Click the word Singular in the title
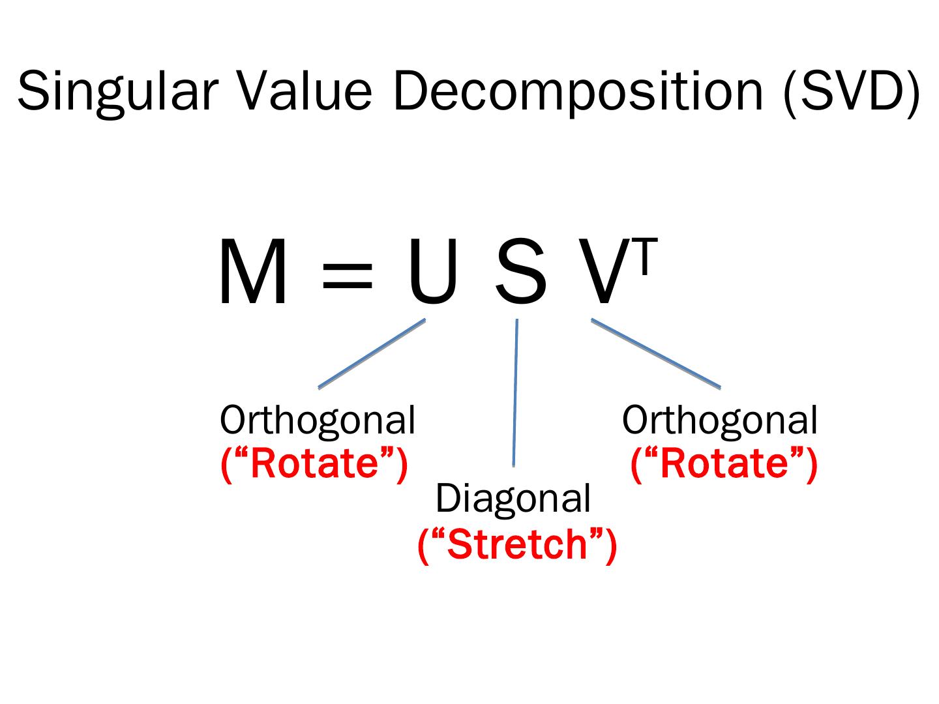point(116,91)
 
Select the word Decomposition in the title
point(578,91)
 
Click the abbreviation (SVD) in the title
point(852,91)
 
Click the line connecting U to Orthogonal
point(372,353)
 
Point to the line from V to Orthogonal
point(655,353)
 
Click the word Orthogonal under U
point(318,420)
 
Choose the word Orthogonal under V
point(719,420)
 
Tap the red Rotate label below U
point(314,463)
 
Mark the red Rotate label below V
point(724,463)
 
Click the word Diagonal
point(513,499)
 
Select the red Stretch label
point(517,544)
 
